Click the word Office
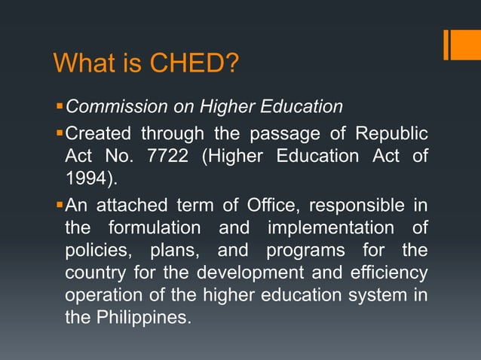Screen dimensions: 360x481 pos(274,203)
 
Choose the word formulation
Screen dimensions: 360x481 pos(155,227)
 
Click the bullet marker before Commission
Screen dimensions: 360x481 pos(60,106)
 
